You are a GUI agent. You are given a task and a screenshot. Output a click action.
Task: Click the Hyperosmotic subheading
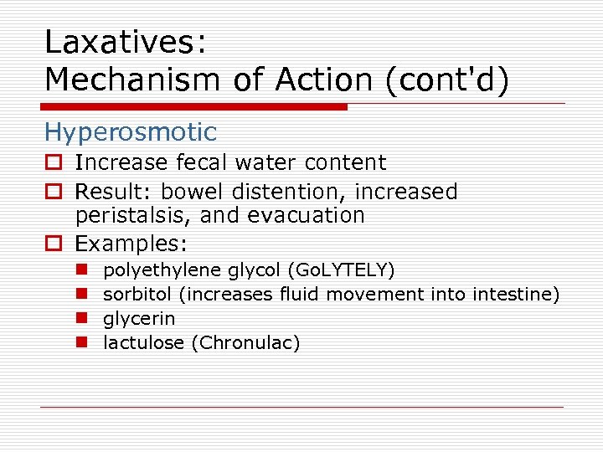point(130,132)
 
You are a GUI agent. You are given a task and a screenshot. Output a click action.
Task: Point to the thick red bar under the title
point(193,106)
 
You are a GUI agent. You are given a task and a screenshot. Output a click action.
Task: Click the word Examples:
point(131,244)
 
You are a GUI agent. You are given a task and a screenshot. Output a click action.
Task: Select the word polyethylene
point(162,270)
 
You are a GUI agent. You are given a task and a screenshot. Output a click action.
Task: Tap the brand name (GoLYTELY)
point(341,270)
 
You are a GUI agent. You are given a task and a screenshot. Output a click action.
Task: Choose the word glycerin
point(139,319)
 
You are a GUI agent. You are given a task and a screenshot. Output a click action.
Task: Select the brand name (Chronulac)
point(245,342)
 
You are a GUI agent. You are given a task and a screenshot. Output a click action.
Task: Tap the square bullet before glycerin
point(85,319)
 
